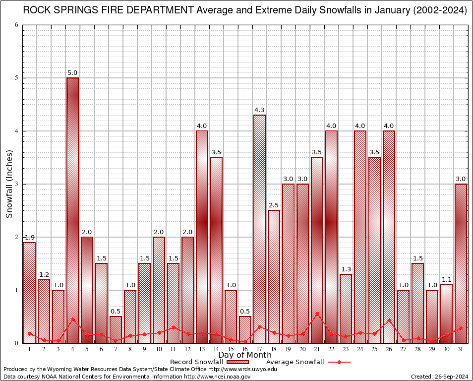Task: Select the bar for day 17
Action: (x=259, y=229)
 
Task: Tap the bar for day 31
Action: (x=461, y=263)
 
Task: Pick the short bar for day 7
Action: (x=116, y=329)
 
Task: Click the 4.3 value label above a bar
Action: (x=259, y=110)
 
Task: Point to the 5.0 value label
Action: (x=72, y=73)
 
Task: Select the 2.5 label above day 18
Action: (x=274, y=205)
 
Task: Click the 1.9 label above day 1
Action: (x=29, y=238)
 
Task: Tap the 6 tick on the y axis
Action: (x=16, y=25)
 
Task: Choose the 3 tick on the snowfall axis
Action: (x=16, y=184)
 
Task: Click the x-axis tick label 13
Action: (x=202, y=349)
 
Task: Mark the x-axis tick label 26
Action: (x=389, y=349)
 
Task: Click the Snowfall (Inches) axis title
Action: (x=9, y=184)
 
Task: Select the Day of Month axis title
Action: (x=245, y=355)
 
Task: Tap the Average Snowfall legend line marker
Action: (x=339, y=362)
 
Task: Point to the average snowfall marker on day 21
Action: (x=317, y=313)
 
